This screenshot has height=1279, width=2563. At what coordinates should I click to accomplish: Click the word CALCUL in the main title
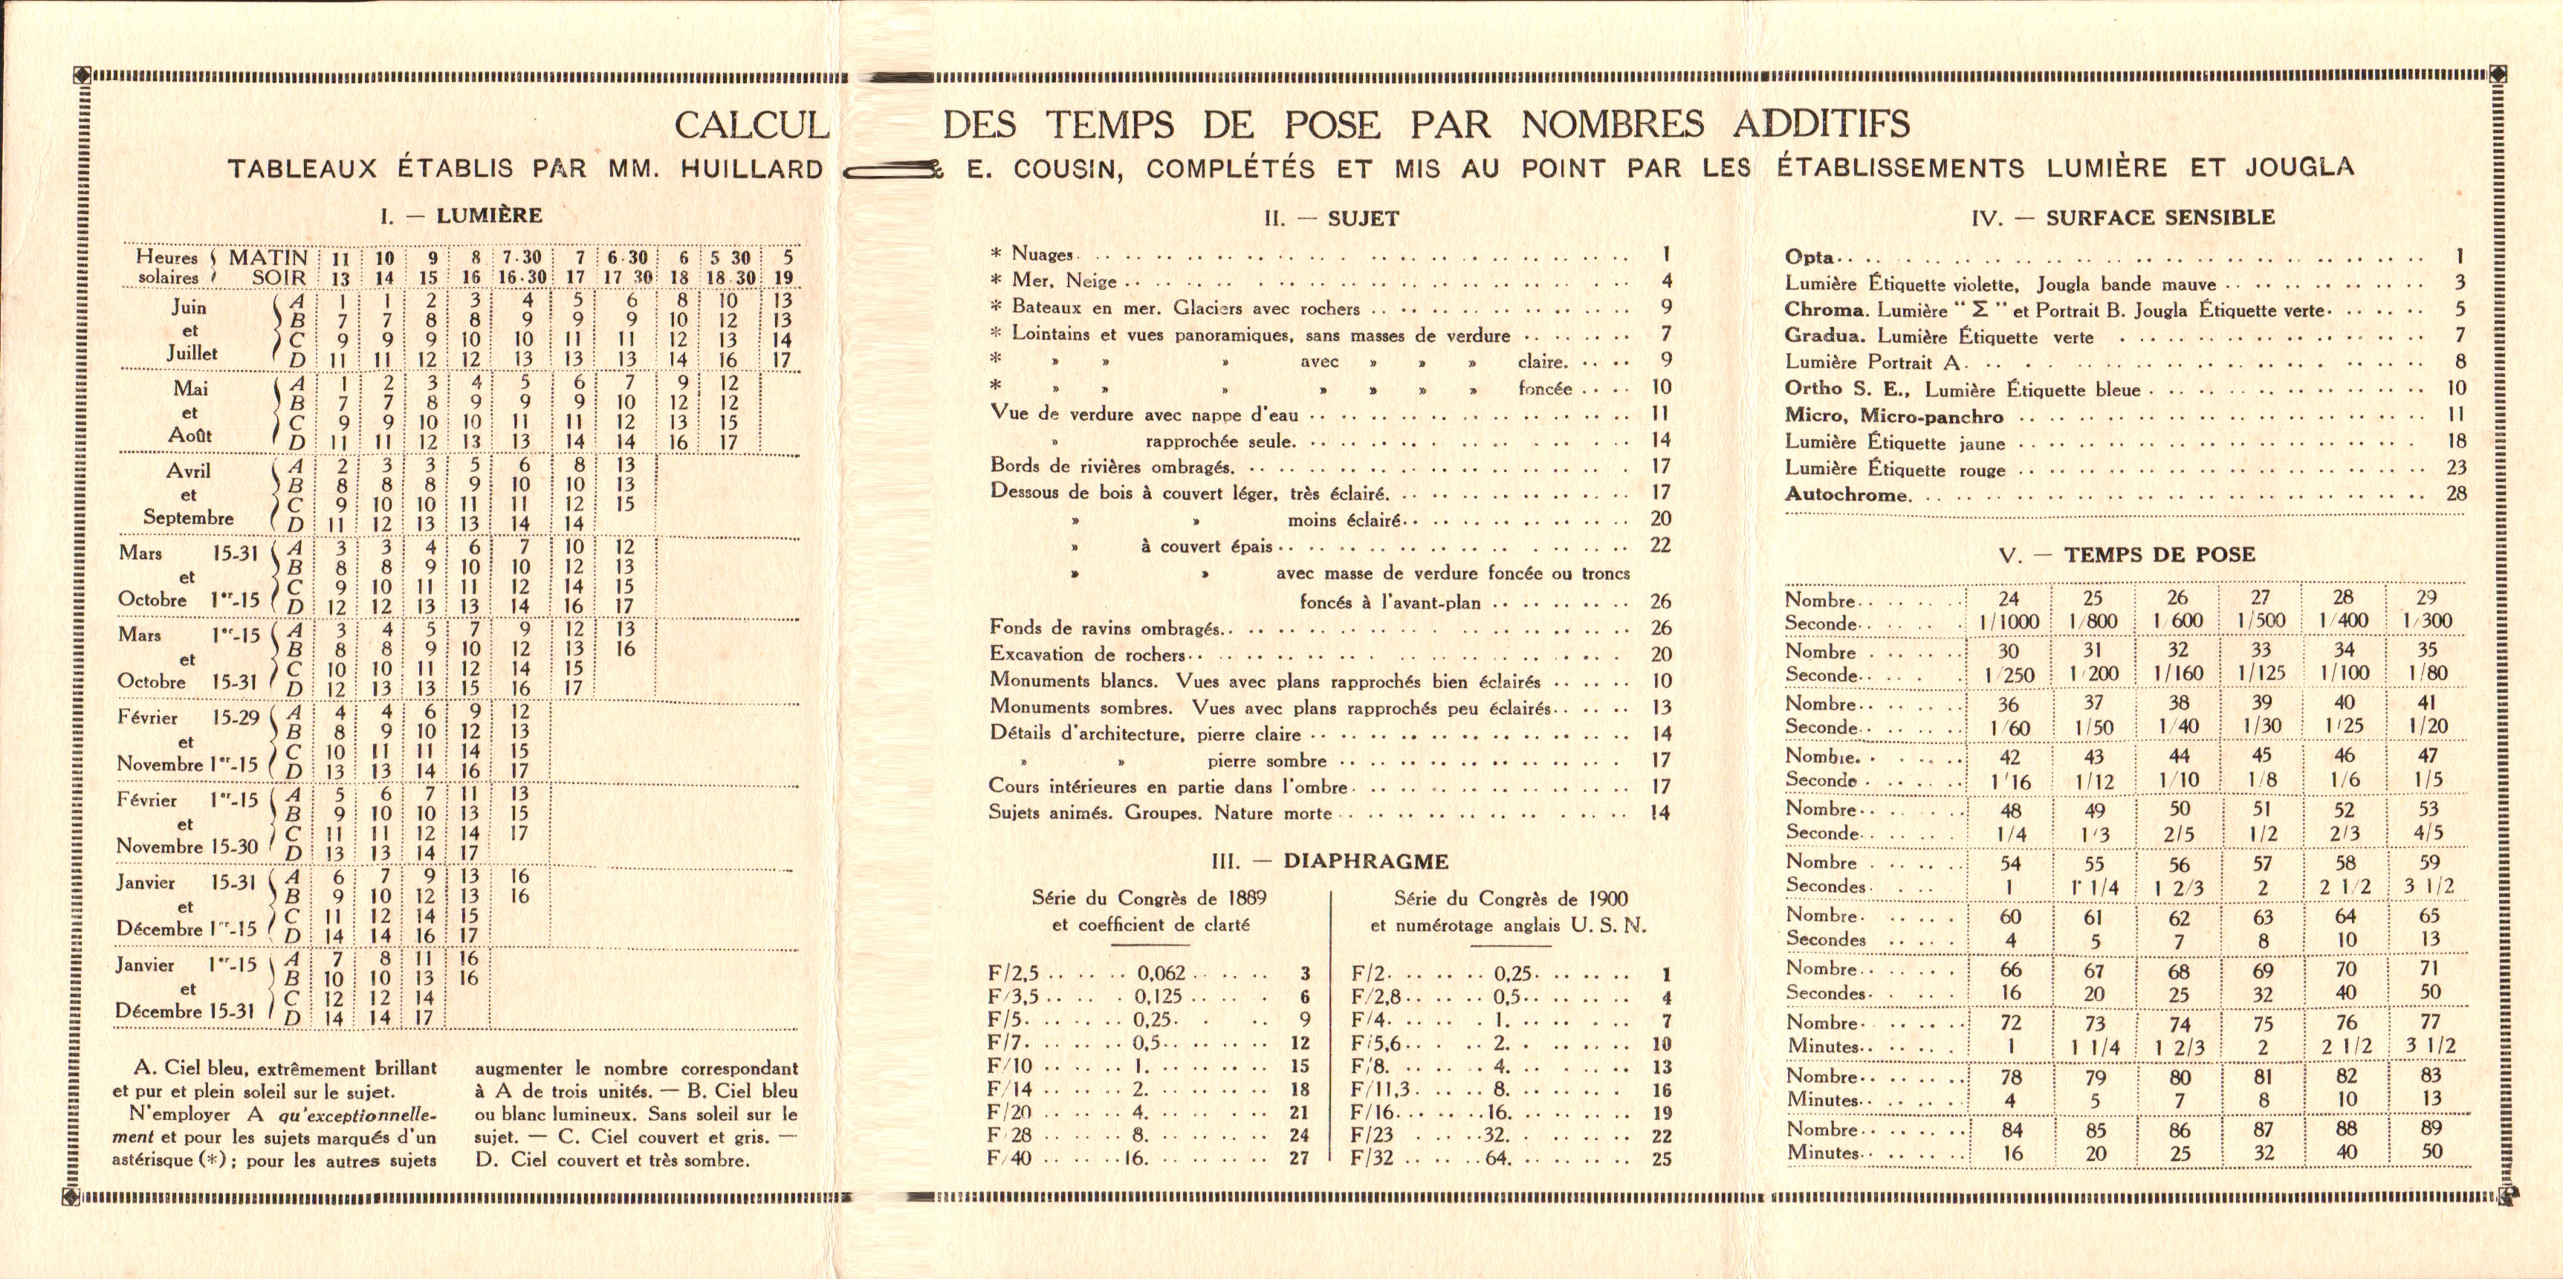click(x=751, y=126)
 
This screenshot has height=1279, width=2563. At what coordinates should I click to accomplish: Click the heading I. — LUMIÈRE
click(x=460, y=215)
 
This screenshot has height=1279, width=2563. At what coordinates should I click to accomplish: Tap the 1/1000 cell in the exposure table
click(x=2008, y=622)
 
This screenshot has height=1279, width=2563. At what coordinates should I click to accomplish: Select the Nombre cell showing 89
click(x=2428, y=1129)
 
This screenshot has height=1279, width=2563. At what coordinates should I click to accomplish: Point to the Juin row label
click(x=188, y=308)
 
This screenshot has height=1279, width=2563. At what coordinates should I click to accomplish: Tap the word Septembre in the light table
click(x=188, y=517)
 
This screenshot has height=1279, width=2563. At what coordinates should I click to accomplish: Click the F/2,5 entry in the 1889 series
click(x=1013, y=974)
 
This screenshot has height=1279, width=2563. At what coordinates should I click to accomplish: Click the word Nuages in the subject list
click(x=1042, y=256)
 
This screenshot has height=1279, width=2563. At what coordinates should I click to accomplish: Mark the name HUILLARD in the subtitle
click(x=751, y=169)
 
